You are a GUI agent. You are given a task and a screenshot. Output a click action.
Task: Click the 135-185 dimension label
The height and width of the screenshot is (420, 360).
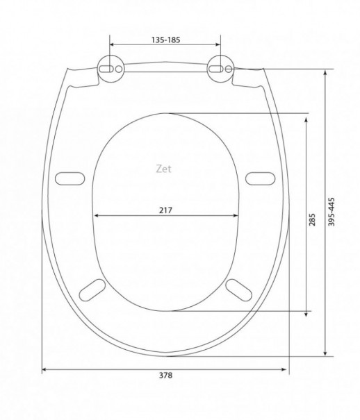coord(165,40)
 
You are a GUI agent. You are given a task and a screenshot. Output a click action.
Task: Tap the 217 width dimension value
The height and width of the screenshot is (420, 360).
coord(165,210)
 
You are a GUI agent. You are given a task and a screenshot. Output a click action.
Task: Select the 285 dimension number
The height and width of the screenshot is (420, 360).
coord(312,219)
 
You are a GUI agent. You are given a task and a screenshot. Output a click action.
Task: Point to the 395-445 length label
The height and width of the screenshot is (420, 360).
coord(332,212)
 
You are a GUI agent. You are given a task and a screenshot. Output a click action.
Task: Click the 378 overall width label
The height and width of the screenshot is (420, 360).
coord(165,376)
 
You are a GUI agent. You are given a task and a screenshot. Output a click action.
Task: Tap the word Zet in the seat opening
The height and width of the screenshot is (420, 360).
coord(163,169)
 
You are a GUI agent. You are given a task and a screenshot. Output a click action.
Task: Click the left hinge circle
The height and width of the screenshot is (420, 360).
coord(111,69)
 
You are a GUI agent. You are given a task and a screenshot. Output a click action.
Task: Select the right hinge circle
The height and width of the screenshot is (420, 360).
coord(220,69)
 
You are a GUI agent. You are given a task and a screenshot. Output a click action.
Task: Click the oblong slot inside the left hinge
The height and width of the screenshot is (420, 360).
coord(106,69)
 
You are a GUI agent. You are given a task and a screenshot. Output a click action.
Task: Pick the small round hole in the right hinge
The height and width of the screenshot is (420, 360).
coord(229,69)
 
